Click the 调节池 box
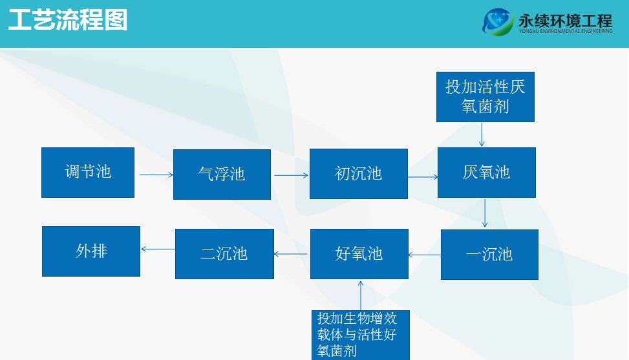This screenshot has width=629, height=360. point(88,173)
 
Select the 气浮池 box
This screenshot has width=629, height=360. point(222,175)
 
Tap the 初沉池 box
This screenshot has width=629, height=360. point(359,174)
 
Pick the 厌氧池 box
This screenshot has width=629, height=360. point(487,173)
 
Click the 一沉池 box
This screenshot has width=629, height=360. point(489,255)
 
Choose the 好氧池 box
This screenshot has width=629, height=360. point(359,254)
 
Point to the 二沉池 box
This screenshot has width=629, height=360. point(225,254)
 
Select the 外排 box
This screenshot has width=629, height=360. point(91,251)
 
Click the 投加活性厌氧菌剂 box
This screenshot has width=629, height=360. point(485,96)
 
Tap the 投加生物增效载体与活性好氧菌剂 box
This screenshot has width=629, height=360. point(361,335)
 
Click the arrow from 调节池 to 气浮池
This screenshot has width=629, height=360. point(156,175)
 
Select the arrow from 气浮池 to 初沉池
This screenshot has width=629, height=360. point(292,175)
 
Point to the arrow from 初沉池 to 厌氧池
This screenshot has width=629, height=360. point(423,177)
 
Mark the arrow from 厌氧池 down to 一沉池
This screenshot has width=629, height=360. point(485,213)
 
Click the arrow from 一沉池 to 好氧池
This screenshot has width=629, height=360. point(425,255)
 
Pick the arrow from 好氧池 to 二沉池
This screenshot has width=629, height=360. point(290,254)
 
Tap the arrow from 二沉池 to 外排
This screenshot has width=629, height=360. point(158,249)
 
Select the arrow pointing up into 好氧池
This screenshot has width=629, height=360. point(361,295)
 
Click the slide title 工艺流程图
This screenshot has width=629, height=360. point(68,20)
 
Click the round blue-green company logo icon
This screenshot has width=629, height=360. point(498,21)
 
